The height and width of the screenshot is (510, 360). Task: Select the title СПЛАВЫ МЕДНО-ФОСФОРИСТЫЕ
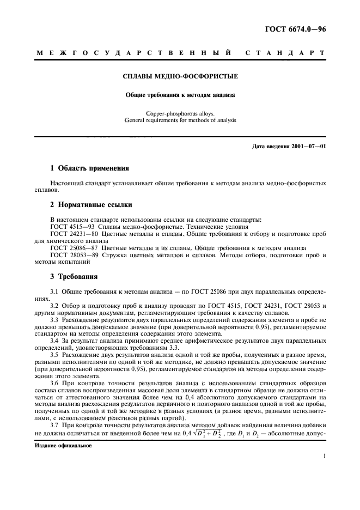click(180, 77)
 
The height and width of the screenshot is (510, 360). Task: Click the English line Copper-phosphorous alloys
click(180, 113)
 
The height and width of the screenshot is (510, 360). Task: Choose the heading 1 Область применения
click(89, 168)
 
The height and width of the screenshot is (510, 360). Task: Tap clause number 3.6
click(54, 383)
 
